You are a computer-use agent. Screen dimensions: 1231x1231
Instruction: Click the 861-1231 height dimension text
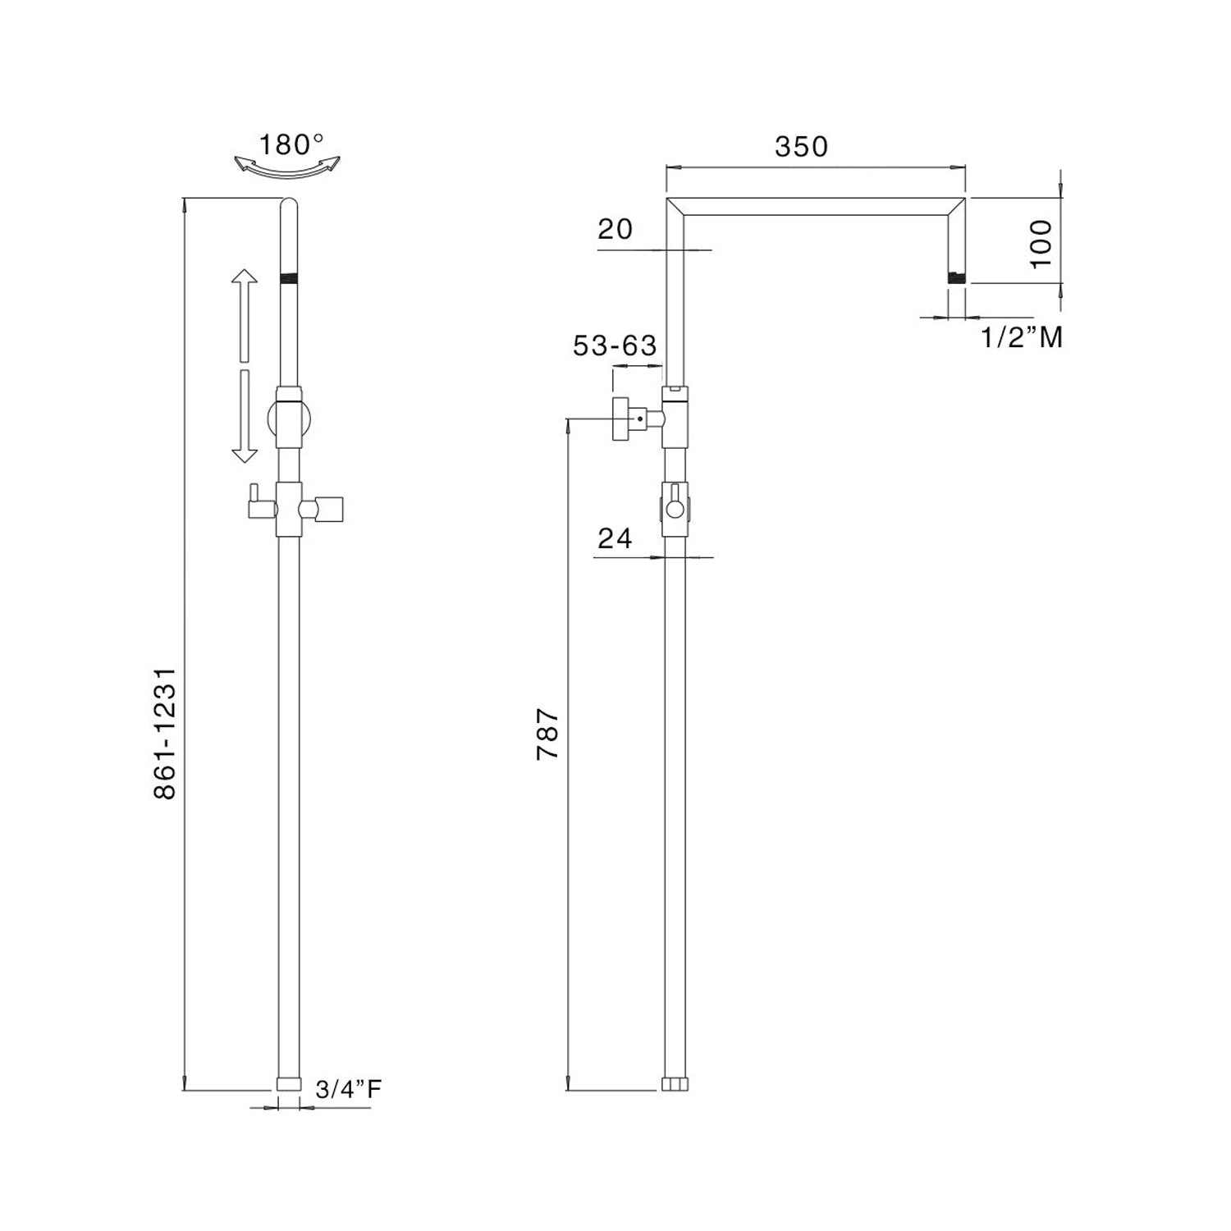165,733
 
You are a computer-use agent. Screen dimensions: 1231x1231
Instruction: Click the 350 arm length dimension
801,147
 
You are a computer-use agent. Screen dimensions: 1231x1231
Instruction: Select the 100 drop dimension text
1040,243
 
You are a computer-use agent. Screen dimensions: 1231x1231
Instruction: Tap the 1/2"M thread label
1022,336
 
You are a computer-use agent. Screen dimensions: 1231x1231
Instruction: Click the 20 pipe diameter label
615,229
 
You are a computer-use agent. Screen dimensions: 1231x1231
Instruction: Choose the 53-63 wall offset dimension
615,346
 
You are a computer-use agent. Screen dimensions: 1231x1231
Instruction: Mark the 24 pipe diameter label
615,538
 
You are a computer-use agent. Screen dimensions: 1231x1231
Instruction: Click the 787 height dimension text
547,734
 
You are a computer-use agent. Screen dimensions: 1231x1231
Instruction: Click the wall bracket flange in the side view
621,419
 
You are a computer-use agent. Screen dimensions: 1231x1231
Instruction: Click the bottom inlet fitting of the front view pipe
288,1083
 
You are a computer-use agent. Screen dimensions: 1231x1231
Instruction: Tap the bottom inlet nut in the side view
674,1084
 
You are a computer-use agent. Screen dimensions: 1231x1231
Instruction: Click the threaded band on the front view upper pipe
288,277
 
